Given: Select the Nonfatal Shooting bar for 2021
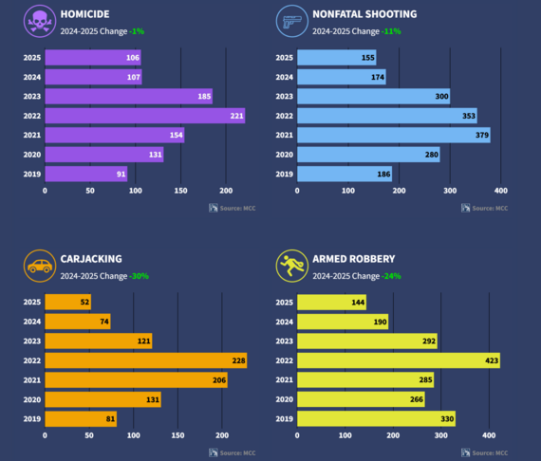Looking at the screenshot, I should (x=393, y=135).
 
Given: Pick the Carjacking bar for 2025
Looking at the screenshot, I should (x=68, y=303).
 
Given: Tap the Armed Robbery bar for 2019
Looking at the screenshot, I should (x=376, y=418).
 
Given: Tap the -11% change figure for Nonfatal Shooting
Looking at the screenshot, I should (x=390, y=31).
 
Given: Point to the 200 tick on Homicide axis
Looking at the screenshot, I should (x=226, y=191).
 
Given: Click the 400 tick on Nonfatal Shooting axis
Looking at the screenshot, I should (x=501, y=191).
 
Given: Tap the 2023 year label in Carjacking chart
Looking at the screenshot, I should (x=29, y=341).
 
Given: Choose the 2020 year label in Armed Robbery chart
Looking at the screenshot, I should (x=283, y=399).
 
